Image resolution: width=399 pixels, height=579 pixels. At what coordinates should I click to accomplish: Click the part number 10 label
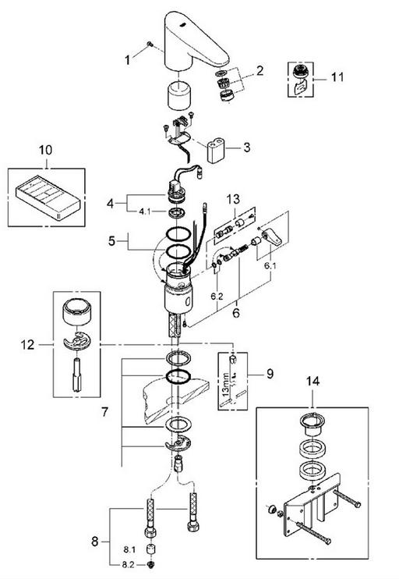45,151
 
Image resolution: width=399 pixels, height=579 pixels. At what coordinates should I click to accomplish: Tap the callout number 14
312,381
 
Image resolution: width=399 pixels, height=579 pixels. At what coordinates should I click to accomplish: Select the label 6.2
217,296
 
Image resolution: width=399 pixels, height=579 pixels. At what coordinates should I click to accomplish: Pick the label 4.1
145,212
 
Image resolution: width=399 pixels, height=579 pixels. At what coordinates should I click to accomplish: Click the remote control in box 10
48,197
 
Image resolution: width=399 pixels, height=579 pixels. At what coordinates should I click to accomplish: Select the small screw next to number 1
150,44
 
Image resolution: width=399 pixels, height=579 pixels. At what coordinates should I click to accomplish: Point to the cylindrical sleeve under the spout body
178,96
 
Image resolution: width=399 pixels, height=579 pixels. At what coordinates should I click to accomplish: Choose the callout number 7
104,411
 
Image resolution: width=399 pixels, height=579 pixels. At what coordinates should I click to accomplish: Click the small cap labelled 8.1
150,549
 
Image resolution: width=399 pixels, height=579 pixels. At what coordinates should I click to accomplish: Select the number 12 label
27,345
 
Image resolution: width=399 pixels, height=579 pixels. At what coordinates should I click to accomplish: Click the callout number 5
111,241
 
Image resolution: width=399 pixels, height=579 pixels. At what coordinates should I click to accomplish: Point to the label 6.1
270,265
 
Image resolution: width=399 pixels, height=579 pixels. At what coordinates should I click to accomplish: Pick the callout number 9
270,374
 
